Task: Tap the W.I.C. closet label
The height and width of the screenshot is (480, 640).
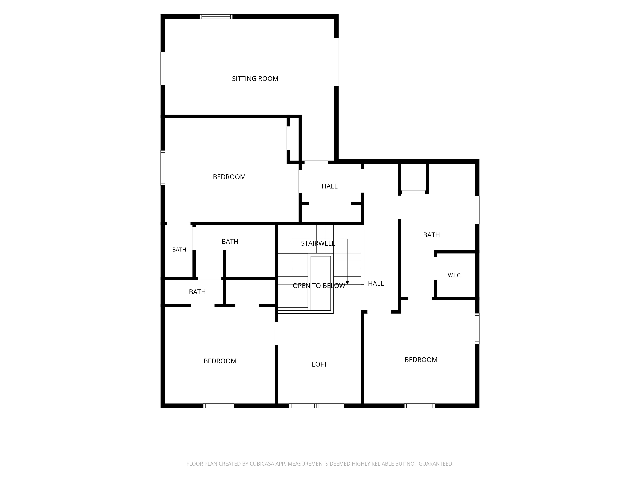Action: click(455, 276)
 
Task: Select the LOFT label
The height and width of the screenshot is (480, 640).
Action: click(319, 364)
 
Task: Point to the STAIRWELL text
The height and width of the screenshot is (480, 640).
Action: click(318, 243)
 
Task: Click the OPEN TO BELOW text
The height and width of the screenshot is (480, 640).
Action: click(319, 286)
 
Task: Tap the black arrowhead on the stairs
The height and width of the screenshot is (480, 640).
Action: click(347, 283)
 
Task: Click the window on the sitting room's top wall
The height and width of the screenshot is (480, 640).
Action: click(216, 16)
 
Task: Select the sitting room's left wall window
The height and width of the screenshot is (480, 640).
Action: click(163, 69)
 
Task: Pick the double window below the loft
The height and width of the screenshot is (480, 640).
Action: click(316, 406)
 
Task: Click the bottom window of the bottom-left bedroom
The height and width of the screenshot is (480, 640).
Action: click(218, 406)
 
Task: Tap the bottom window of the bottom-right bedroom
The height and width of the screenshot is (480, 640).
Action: click(420, 406)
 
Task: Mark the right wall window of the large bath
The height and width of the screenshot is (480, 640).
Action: click(477, 210)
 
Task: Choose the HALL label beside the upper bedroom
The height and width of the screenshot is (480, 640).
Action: click(330, 186)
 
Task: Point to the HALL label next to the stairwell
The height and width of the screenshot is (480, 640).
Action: click(376, 284)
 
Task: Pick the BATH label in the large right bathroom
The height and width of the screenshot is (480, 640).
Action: click(431, 235)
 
